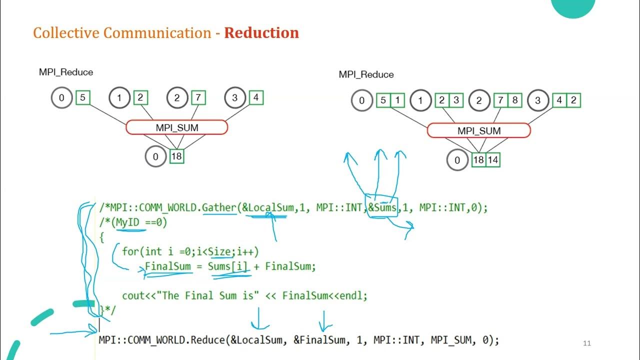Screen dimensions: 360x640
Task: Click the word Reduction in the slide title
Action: coord(261,33)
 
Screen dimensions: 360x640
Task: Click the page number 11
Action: coord(587,343)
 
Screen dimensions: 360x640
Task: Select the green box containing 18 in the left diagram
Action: coord(176,156)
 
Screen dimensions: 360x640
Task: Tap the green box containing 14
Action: coord(492,160)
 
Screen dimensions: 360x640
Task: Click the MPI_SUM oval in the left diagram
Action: coord(177,127)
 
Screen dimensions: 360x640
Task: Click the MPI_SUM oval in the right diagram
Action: coord(478,131)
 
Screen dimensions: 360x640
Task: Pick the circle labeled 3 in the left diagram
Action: coord(234,97)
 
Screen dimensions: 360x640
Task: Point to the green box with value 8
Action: coord(514,100)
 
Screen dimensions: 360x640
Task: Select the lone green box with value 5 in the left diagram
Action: coord(83,97)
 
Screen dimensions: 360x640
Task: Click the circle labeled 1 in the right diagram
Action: coord(420,100)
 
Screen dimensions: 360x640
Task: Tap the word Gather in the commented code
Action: coord(219,207)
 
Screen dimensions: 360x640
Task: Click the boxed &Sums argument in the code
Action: coord(382,207)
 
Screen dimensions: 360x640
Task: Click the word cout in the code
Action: coord(132,295)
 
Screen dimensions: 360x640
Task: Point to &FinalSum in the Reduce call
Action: coord(320,340)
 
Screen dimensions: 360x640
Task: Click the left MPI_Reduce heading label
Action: coord(66,72)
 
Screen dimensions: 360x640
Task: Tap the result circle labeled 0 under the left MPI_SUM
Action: coord(155,156)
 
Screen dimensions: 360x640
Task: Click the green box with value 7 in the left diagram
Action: coord(198,97)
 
